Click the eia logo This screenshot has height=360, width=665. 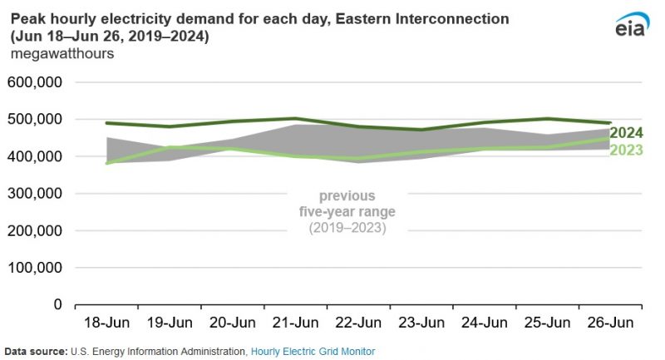[631, 26]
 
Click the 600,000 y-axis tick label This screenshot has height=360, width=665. [35, 82]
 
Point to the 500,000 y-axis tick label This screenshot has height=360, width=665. [35, 120]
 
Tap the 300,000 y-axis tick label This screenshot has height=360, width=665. [35, 194]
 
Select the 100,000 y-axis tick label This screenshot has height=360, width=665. [35, 268]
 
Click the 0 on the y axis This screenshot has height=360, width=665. [57, 304]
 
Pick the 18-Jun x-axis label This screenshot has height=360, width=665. [106, 323]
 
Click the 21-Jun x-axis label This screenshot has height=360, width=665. [295, 323]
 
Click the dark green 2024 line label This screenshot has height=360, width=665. [626, 133]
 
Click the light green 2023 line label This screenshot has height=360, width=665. [626, 150]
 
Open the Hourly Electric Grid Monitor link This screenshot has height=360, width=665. [313, 352]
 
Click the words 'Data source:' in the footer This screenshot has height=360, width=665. [35, 352]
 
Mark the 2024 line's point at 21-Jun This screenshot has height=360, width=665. [295, 119]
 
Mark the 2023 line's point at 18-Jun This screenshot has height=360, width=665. [106, 163]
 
